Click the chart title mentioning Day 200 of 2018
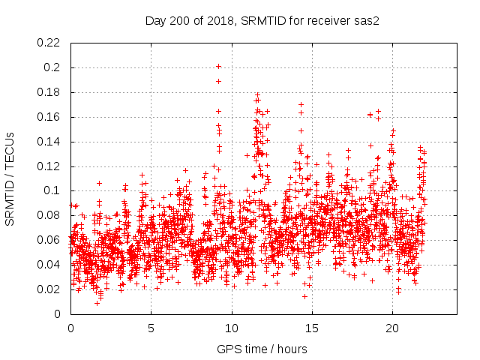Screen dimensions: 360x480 262,21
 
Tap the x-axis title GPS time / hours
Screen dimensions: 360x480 262,349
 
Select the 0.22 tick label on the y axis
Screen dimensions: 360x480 49,43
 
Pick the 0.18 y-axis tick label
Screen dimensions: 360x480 49,92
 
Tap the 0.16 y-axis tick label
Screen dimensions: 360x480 49,117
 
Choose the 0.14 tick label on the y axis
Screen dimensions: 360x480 49,142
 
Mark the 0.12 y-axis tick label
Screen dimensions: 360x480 49,166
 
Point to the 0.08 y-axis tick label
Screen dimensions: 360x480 49,215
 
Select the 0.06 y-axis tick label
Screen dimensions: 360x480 49,240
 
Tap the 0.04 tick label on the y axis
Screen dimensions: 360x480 49,265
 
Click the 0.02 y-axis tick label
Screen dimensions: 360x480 49,289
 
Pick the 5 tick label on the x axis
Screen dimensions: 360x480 151,328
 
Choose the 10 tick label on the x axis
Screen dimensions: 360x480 232,328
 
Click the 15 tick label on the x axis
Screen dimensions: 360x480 312,328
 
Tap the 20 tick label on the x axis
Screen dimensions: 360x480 392,328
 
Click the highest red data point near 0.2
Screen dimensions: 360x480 218,66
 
